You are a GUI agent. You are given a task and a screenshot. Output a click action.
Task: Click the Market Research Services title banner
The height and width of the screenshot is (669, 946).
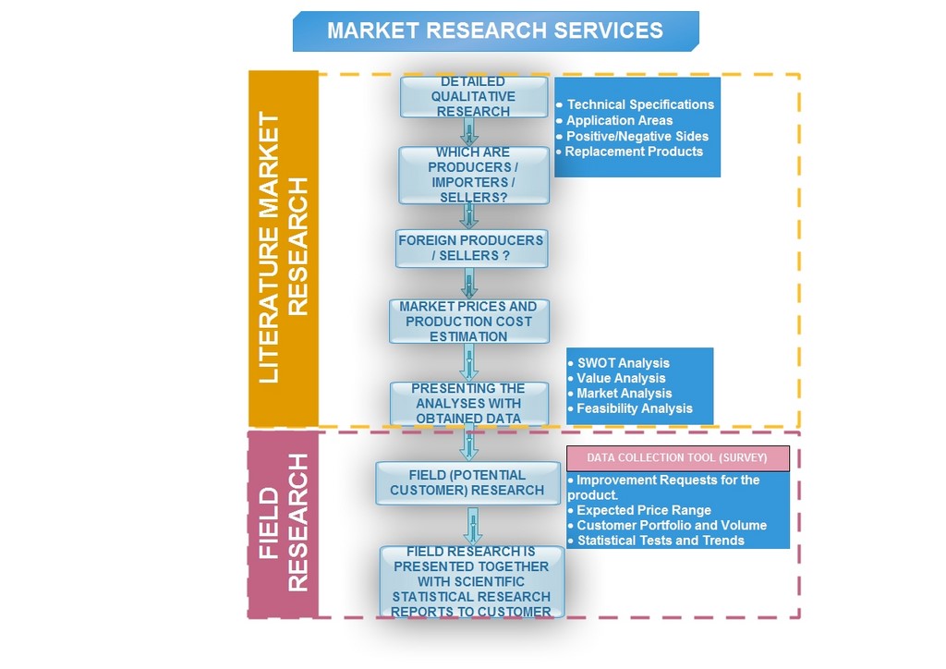[495, 30]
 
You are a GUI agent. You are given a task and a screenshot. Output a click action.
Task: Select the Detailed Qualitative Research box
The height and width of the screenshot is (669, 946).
[474, 97]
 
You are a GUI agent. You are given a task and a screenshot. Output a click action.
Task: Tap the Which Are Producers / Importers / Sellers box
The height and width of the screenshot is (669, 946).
[474, 175]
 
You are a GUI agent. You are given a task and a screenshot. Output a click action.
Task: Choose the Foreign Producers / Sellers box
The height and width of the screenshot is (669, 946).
[471, 248]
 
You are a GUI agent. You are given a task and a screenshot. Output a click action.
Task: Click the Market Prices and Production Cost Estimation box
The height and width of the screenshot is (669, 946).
[468, 322]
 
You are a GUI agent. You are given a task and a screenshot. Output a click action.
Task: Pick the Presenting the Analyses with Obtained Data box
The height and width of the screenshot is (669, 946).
[468, 404]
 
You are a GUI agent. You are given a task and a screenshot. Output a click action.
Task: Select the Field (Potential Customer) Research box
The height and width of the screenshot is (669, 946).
[467, 483]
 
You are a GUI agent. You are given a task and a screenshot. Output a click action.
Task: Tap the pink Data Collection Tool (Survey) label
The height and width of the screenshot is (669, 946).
[677, 458]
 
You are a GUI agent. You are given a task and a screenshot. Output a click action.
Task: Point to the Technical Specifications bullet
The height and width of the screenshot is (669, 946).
[639, 105]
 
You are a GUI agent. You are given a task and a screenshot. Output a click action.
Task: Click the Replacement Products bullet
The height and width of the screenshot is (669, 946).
[634, 152]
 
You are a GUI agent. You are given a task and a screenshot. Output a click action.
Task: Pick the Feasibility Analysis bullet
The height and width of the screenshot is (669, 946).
[634, 408]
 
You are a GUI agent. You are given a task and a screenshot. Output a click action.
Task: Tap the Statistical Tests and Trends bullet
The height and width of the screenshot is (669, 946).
[661, 541]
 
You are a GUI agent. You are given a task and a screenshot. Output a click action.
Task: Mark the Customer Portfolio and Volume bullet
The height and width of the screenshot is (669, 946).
[672, 526]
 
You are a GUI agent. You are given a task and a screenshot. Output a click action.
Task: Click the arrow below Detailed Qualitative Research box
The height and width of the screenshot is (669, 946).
[469, 131]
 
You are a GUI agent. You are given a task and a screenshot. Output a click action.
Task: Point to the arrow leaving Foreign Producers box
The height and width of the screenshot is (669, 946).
[469, 284]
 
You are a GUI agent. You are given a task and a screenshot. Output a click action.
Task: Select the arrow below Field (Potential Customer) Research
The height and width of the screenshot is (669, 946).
[473, 526]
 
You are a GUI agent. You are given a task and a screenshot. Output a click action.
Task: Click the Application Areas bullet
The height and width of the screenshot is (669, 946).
[619, 121]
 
